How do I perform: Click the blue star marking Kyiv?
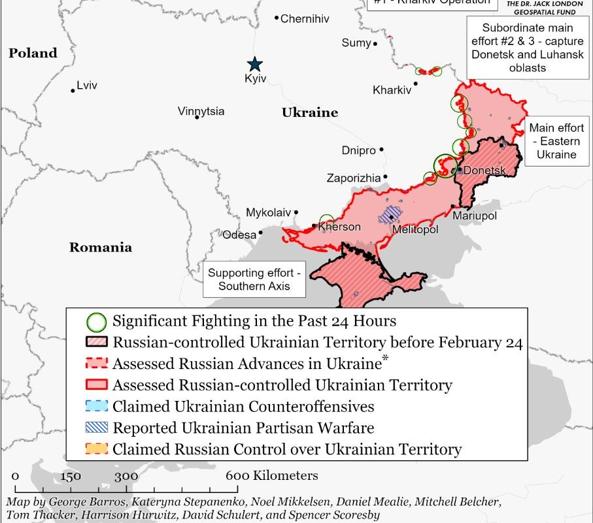[254, 64]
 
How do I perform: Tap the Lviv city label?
[86, 86]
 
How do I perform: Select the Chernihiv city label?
[305, 19]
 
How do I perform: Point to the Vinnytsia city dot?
[197, 117]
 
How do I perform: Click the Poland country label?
[33, 54]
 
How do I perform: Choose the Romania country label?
[101, 247]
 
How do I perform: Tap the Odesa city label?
[239, 235]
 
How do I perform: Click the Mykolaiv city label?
[268, 213]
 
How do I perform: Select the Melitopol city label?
[415, 230]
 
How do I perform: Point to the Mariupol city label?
[475, 215]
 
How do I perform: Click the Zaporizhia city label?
[353, 178]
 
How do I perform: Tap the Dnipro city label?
[359, 151]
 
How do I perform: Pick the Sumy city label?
[356, 43]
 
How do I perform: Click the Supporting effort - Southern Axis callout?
[255, 279]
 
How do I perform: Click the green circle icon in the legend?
[97, 321]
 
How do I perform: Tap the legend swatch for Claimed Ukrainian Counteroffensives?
[97, 406]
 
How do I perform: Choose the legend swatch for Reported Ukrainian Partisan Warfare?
[97, 428]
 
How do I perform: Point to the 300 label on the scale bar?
[126, 476]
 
